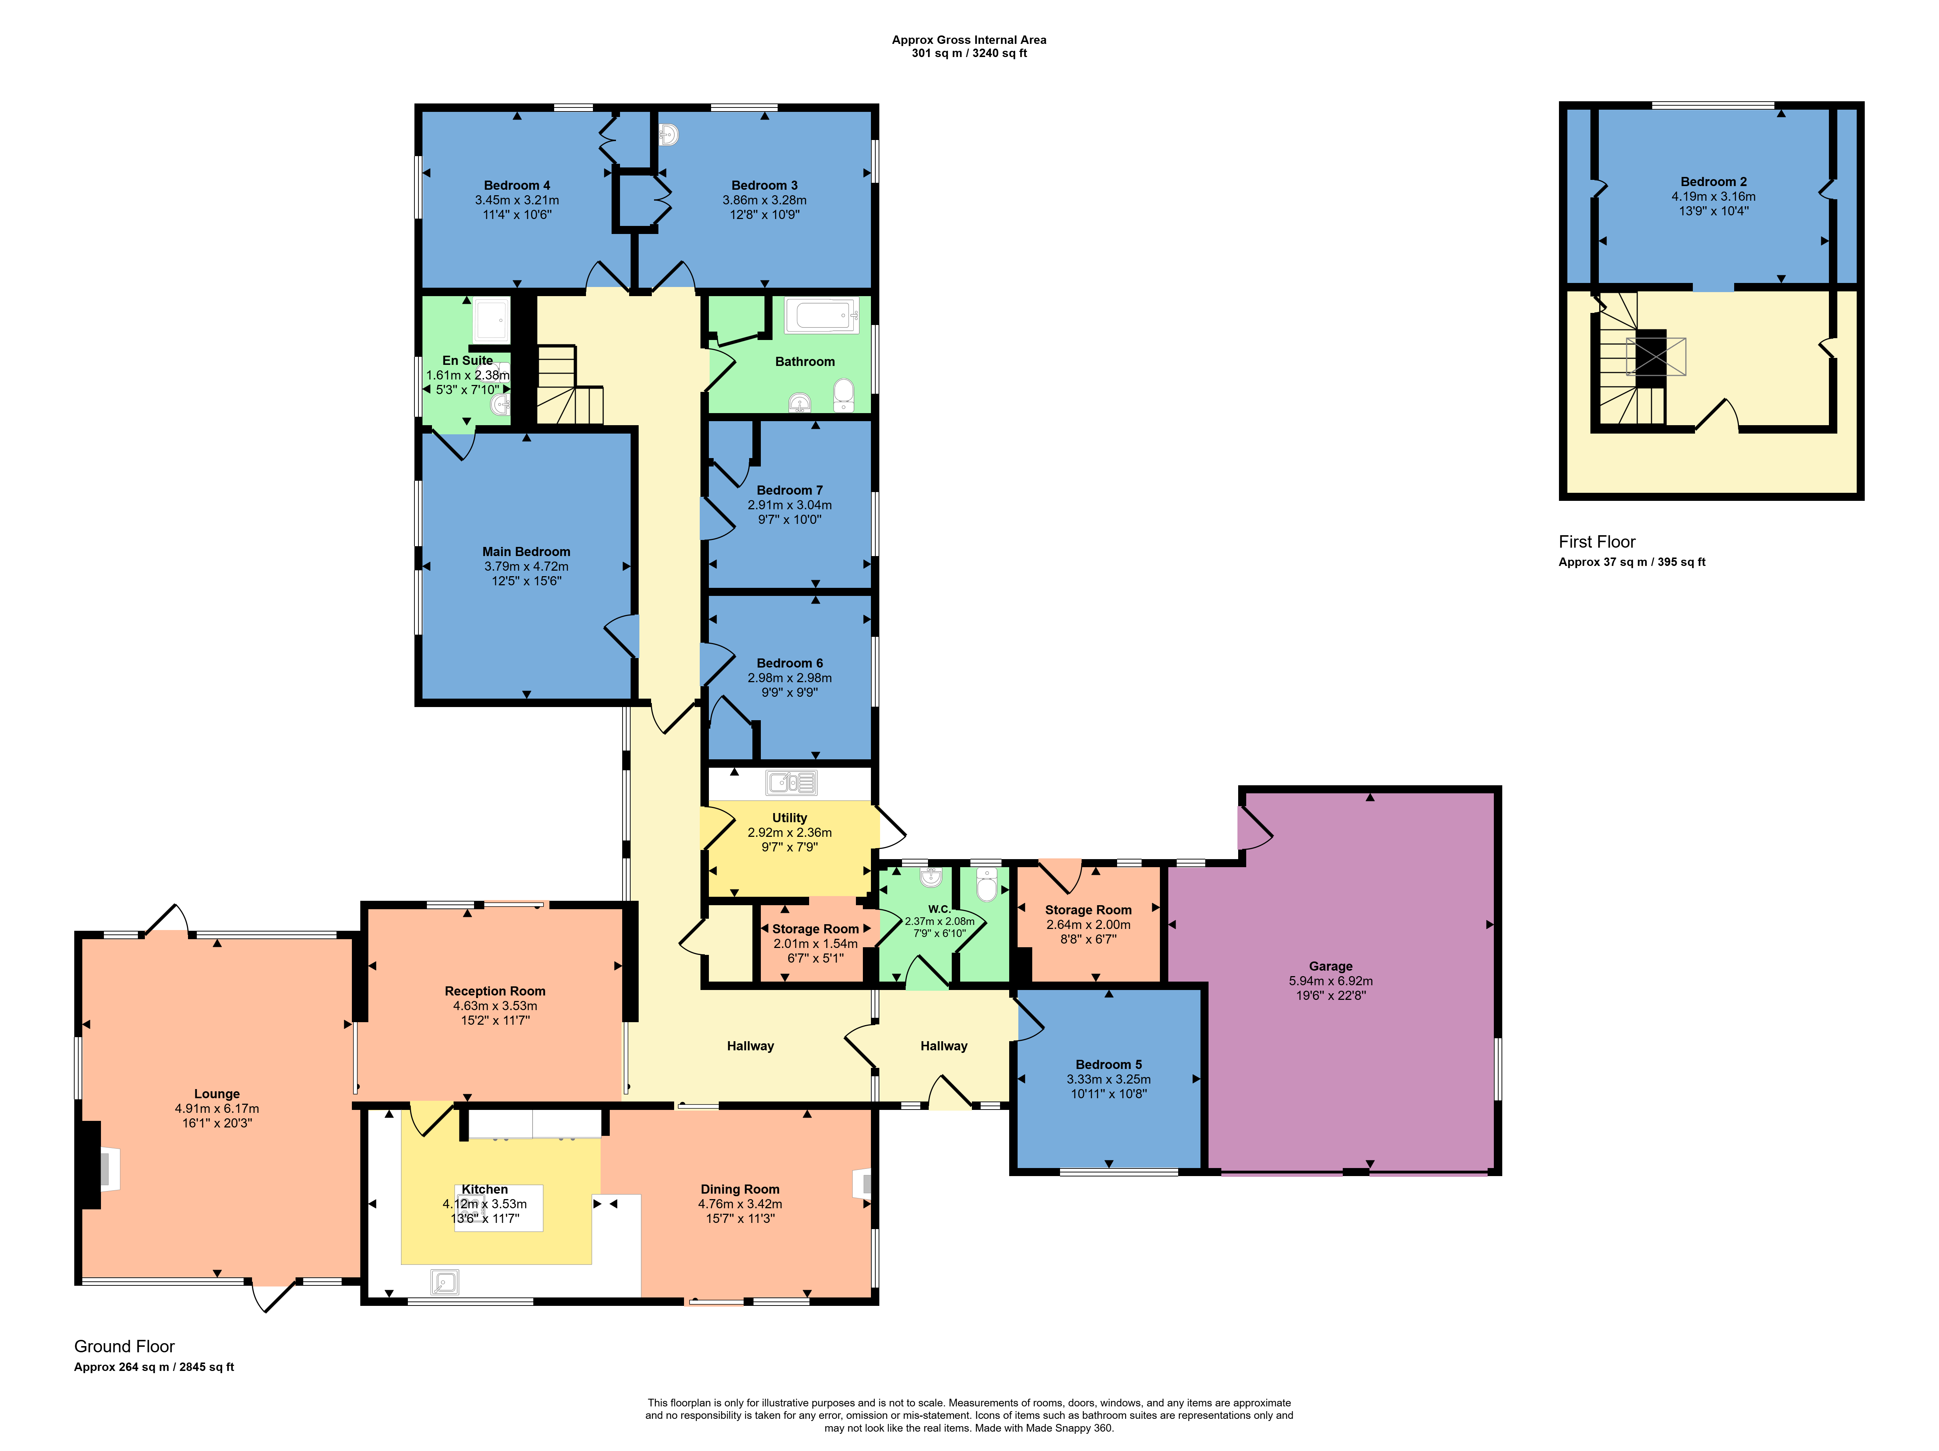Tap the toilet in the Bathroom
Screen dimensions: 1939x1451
843,395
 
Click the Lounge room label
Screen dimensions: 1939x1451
217,1093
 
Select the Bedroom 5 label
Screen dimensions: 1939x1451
1109,1065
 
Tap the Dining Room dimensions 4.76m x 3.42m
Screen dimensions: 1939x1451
740,1204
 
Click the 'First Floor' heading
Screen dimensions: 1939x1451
1596,541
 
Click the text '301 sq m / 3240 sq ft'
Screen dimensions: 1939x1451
969,53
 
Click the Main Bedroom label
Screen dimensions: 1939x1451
526,551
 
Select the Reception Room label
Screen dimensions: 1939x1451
495,991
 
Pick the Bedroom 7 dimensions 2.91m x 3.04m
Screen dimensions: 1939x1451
790,505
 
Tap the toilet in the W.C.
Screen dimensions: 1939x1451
987,885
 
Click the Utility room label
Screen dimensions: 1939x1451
790,817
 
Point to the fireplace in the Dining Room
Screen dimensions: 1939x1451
863,1184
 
